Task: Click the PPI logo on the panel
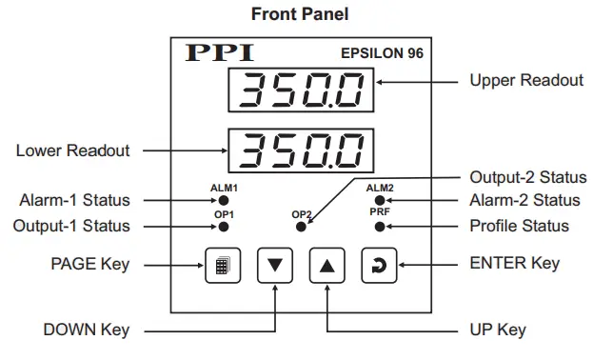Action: click(x=221, y=52)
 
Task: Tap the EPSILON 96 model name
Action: click(x=380, y=53)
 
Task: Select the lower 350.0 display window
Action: click(x=298, y=150)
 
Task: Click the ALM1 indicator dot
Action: click(x=224, y=201)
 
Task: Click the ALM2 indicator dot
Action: click(x=379, y=201)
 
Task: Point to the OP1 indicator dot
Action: click(x=224, y=227)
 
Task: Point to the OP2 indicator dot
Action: click(x=302, y=227)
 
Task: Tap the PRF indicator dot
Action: click(x=379, y=227)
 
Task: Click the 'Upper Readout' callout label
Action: click(x=526, y=81)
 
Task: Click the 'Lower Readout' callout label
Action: click(x=72, y=150)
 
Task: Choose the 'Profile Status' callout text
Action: click(x=520, y=227)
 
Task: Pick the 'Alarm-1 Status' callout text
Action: click(x=74, y=201)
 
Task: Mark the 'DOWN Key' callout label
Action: click(x=86, y=330)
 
